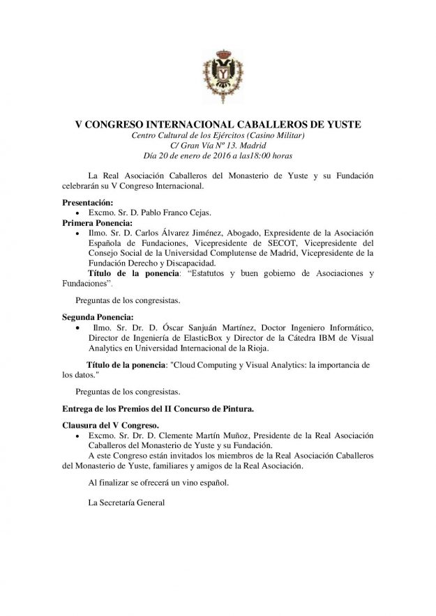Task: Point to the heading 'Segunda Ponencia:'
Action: tap(93, 317)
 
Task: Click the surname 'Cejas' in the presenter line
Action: tap(176, 213)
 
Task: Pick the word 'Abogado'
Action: tap(251, 233)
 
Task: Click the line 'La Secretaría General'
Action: tap(125, 500)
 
